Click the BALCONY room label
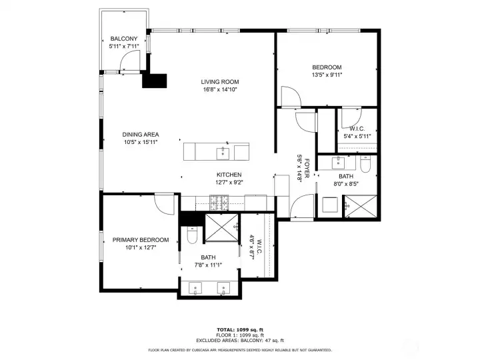(x=123, y=39)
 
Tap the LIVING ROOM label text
(x=220, y=82)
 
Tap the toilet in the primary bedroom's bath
(x=193, y=235)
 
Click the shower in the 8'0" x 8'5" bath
(x=359, y=207)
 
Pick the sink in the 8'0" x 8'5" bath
(x=339, y=162)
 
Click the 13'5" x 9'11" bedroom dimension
(x=327, y=75)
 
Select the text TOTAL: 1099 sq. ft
(x=239, y=329)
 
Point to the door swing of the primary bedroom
(x=162, y=202)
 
